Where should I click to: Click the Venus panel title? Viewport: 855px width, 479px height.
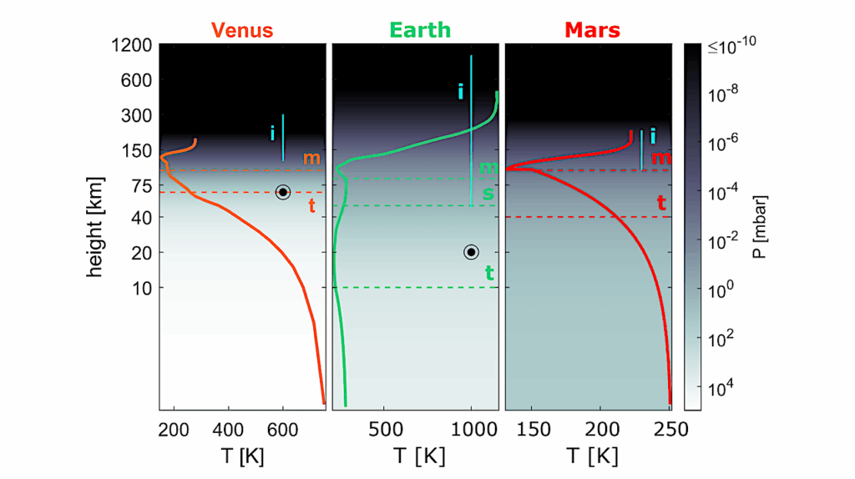[243, 31]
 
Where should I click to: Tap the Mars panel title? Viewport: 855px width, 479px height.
[592, 31]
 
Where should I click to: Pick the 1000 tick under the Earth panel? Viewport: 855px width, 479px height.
[472, 430]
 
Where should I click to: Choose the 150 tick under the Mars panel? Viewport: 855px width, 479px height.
[534, 430]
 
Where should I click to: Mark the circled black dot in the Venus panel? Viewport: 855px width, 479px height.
[283, 192]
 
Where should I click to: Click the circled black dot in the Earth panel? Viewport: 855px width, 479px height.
[471, 252]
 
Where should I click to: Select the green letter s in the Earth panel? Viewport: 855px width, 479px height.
[489, 193]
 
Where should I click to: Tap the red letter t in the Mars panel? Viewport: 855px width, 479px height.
[660, 202]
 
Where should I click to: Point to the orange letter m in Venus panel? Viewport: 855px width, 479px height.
[311, 159]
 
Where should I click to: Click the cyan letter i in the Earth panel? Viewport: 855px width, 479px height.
[460, 92]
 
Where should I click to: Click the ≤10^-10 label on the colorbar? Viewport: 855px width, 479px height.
[732, 48]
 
